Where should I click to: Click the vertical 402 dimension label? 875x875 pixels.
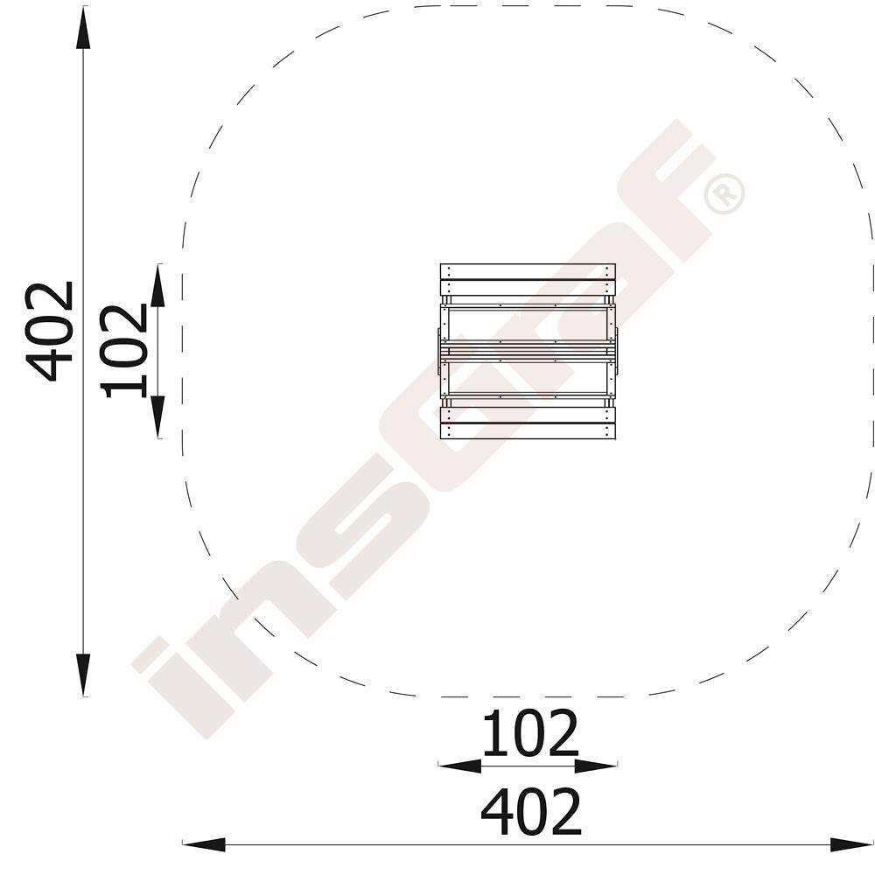coord(50,332)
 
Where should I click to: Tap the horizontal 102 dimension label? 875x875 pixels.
coord(529,732)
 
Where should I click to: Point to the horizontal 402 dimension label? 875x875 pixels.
coord(531,811)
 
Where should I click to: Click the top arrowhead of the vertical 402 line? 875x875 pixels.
coord(83,29)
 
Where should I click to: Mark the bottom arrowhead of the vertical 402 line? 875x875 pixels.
coord(83,675)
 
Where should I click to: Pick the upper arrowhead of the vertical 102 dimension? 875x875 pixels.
coord(158,285)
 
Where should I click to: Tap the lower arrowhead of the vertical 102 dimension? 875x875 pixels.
coord(158,416)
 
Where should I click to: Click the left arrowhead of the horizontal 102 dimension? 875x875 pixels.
coord(460,766)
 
